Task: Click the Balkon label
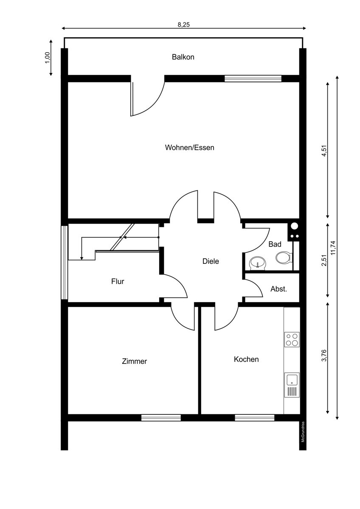[x=183, y=57]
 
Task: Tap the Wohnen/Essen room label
[x=189, y=148]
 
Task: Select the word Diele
[x=211, y=261]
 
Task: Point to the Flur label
[x=118, y=281]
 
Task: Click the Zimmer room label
[x=135, y=361]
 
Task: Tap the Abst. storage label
[x=278, y=289]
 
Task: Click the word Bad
[x=275, y=244]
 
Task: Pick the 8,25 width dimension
[x=183, y=25]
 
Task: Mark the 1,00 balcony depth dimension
[x=47, y=58]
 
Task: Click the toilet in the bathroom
[x=283, y=257]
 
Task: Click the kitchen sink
[x=292, y=385]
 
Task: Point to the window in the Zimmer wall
[x=161, y=418]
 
